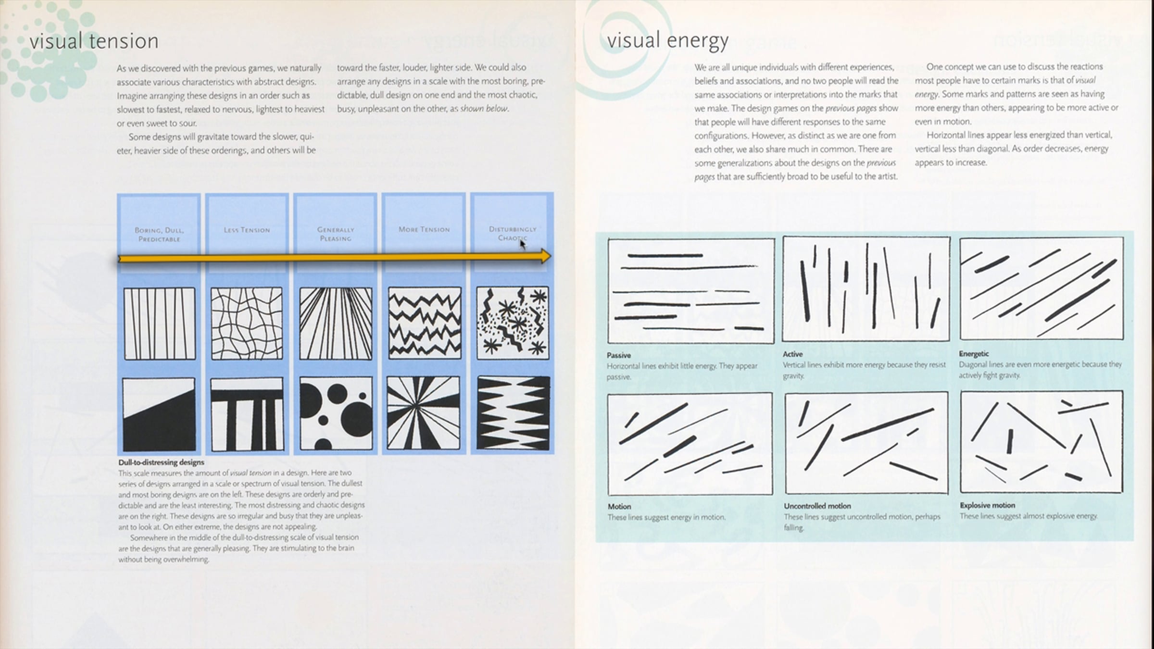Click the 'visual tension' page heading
click(x=94, y=41)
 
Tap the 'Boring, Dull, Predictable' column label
click(x=159, y=234)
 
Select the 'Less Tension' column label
click(x=247, y=230)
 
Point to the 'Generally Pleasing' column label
click(x=336, y=234)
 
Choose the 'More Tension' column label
click(x=424, y=229)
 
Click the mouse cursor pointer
click(x=522, y=244)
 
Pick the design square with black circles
click(x=336, y=413)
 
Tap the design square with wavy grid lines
click(x=247, y=323)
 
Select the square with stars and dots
click(x=513, y=323)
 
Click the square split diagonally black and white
click(x=159, y=414)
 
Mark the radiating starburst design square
click(x=424, y=413)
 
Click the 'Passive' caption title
click(x=618, y=355)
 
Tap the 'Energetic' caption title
click(x=973, y=354)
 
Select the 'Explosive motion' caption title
click(x=987, y=505)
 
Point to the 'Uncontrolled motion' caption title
click(x=817, y=506)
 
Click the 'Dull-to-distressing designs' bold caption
click(x=161, y=462)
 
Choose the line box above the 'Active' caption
click(x=865, y=289)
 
